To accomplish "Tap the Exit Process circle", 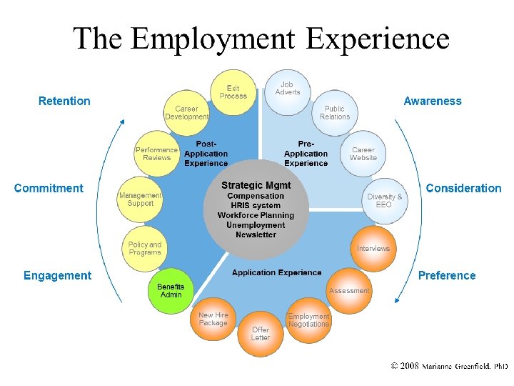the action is click(x=232, y=92).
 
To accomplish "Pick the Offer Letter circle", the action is click(x=261, y=333).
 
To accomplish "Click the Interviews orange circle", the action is click(x=373, y=249).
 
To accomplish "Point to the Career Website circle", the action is click(x=363, y=154).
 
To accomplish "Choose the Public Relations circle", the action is click(x=335, y=113).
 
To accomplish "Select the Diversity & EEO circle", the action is click(x=385, y=201).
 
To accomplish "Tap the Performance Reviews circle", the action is click(x=157, y=154).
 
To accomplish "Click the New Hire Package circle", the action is click(x=213, y=319).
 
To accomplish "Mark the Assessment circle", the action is click(x=349, y=291).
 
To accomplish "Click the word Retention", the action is click(x=64, y=102).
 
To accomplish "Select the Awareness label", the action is click(x=433, y=102).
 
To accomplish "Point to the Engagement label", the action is click(x=57, y=276).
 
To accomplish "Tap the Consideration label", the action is click(x=463, y=189).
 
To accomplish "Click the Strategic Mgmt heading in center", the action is click(x=256, y=185).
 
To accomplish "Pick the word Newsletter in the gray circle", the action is click(x=256, y=235).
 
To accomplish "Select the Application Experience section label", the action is click(x=277, y=273).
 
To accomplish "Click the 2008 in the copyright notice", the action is click(x=409, y=366).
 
